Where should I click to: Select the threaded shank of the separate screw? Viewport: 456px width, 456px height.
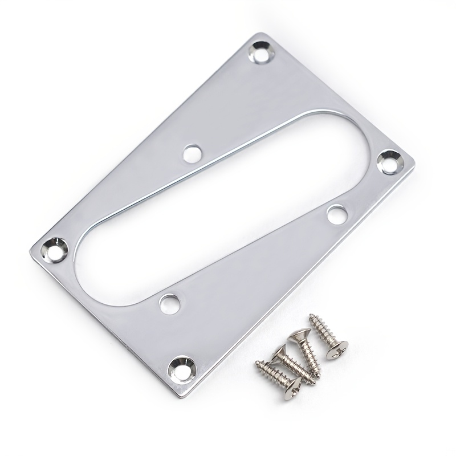(320, 332)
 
